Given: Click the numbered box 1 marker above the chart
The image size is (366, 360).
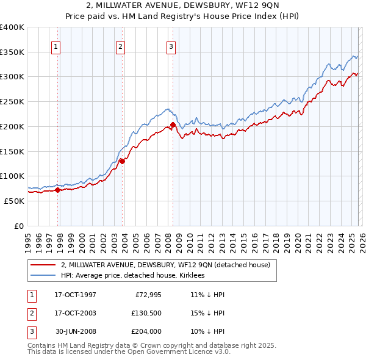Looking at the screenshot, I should pyautogui.click(x=56, y=46).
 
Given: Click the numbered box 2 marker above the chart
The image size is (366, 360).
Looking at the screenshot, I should pyautogui.click(x=120, y=46).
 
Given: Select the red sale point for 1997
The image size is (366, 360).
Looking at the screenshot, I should pyautogui.click(x=58, y=190).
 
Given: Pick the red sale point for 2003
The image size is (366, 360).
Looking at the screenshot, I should pyautogui.click(x=122, y=161).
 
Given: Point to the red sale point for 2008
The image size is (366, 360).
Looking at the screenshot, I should pyautogui.click(x=173, y=124).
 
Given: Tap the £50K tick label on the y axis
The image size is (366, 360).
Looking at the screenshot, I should pyautogui.click(x=14, y=201).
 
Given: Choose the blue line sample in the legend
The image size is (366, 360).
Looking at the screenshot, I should pyautogui.click(x=44, y=276).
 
